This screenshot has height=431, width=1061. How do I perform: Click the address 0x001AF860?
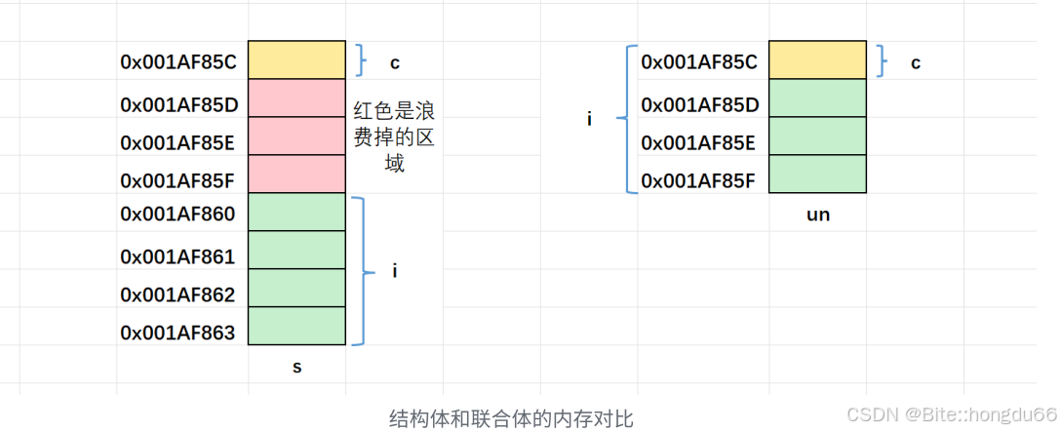coord(178,213)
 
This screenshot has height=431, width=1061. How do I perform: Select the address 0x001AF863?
coord(178,333)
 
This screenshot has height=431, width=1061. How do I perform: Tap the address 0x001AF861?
coord(178,256)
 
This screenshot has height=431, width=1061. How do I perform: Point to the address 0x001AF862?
coord(178,294)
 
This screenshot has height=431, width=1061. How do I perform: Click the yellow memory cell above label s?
coord(296,59)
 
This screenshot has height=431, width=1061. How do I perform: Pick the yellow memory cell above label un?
coord(817,59)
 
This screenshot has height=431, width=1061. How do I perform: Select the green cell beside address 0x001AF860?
coord(296,213)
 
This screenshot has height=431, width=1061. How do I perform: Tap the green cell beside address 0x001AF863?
coord(296,326)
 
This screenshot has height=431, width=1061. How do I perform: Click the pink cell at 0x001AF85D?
coord(296,98)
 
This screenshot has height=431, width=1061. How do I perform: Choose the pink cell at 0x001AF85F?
coord(296,174)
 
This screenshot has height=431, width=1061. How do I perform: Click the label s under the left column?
coord(297,368)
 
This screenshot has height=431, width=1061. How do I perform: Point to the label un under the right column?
coord(818,215)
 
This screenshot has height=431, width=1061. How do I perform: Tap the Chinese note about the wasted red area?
coord(393,137)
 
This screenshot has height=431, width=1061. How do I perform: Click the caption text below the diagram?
coord(511,419)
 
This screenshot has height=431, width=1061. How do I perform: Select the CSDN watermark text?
coord(951,414)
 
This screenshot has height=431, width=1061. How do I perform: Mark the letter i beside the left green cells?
coord(395,271)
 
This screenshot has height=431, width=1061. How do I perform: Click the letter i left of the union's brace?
coord(589,119)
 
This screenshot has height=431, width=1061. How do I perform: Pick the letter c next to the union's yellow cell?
coord(916,63)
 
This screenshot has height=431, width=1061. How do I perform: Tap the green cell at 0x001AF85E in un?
coord(817,136)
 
